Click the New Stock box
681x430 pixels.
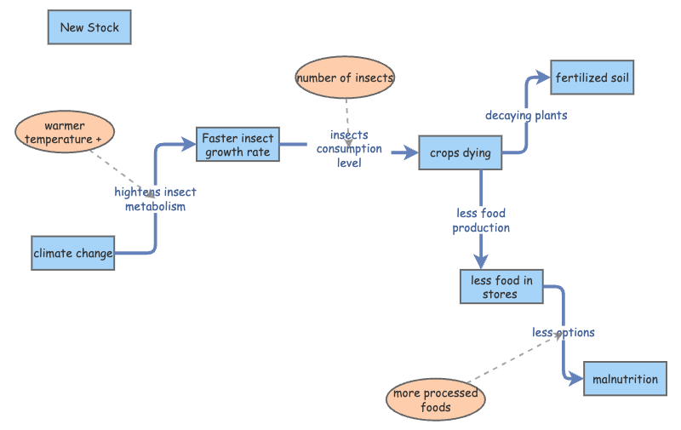(89, 27)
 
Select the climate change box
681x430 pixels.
(73, 253)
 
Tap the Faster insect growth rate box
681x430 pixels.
(238, 146)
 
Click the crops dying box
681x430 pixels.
(461, 153)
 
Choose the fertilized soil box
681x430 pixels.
(592, 78)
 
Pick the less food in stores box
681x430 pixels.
(501, 287)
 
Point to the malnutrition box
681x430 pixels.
(626, 379)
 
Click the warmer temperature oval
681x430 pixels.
(65, 133)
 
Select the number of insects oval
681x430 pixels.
(346, 78)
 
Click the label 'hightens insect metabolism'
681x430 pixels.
(156, 199)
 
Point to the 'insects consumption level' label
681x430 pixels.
(349, 149)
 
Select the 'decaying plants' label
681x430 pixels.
(526, 115)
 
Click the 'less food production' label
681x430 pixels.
(481, 221)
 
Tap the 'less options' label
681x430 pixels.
(564, 332)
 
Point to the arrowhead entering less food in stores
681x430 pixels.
(481, 263)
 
